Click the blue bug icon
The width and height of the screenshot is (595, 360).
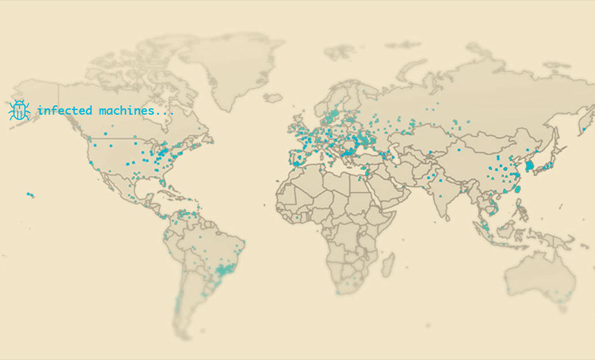click(19, 110)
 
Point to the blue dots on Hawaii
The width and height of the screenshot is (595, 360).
click(30, 195)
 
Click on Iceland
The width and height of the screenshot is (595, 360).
click(273, 98)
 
